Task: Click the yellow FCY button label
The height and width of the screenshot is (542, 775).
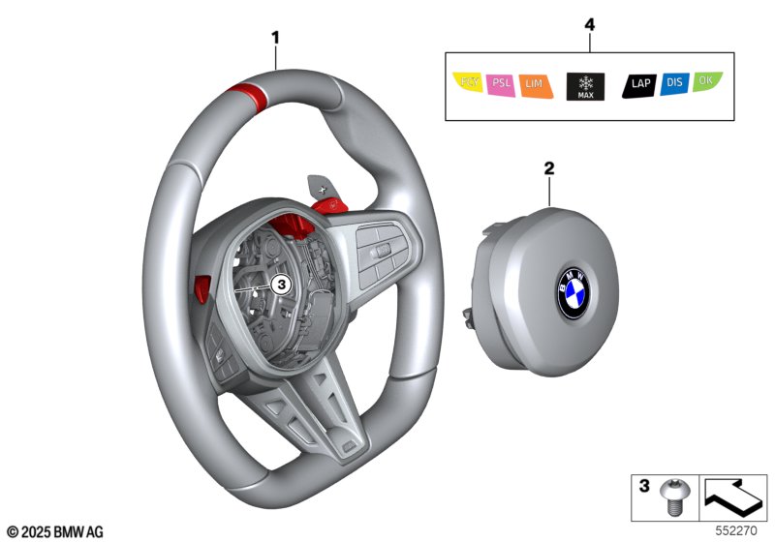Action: (469, 84)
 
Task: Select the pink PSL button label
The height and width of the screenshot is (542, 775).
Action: (501, 84)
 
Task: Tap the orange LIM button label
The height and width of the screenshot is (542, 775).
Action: (534, 85)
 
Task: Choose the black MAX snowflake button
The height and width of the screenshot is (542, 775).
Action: (584, 85)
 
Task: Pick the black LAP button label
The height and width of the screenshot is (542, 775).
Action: (640, 84)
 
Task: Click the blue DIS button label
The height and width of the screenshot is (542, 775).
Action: (675, 84)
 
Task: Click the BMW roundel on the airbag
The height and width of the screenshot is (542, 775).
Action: (572, 291)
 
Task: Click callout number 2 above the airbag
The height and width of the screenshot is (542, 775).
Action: (548, 167)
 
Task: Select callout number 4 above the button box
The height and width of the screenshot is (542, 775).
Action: (588, 23)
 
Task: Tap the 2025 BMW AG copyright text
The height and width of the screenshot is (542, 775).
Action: (54, 531)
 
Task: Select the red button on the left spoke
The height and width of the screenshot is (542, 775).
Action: (201, 286)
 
